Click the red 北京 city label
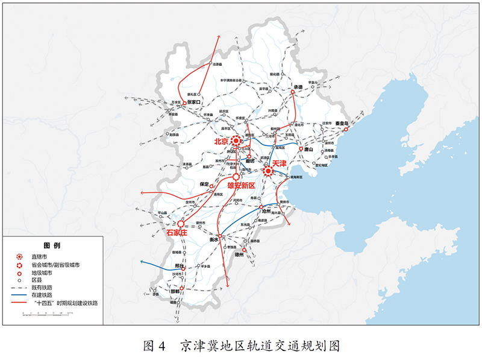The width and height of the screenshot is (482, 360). pyautogui.click(x=221, y=141)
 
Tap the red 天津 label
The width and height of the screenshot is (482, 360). pyautogui.click(x=279, y=163)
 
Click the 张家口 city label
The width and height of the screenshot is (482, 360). pyautogui.click(x=193, y=103)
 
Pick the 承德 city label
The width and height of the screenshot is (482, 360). pyautogui.click(x=298, y=87)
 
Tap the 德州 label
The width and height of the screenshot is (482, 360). pyautogui.click(x=239, y=255)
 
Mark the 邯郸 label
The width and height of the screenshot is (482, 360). pyautogui.click(x=175, y=290)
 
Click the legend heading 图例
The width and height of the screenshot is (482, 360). pyautogui.click(x=52, y=246)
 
